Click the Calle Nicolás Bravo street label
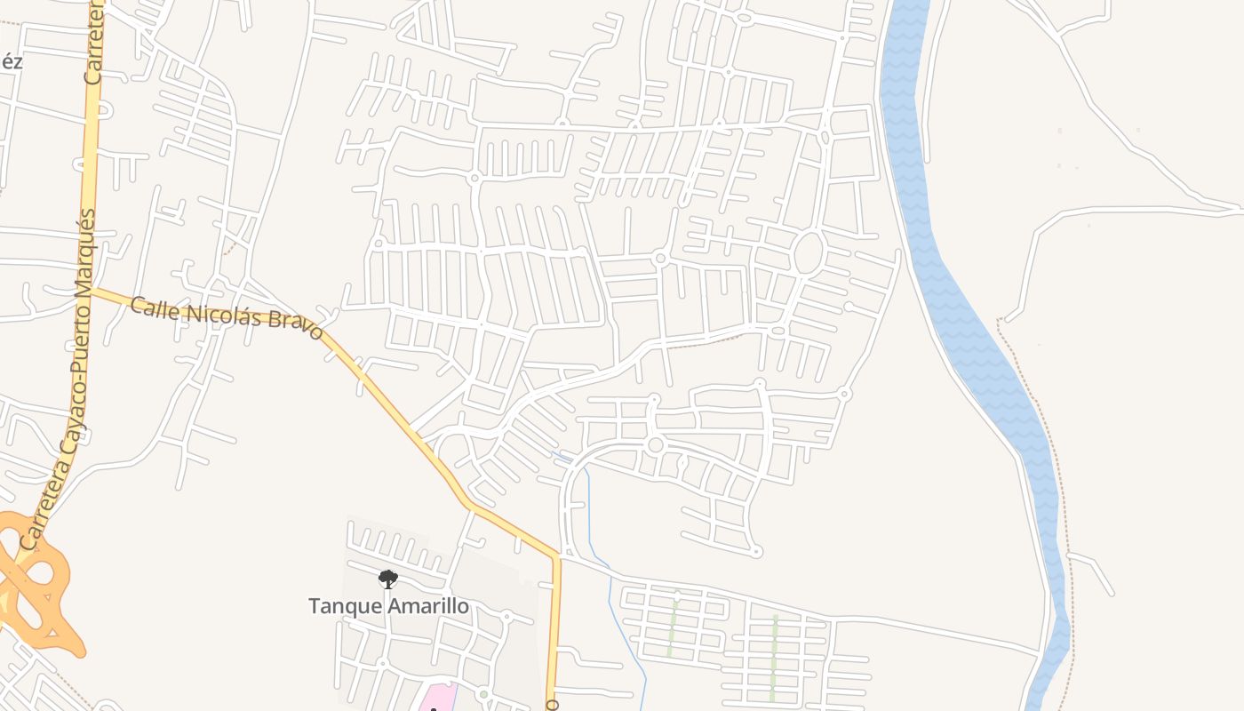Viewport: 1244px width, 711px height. click(x=226, y=317)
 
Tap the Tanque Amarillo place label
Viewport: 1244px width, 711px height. click(x=388, y=606)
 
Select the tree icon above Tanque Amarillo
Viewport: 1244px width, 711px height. click(x=387, y=579)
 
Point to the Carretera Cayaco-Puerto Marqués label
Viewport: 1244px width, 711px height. click(x=57, y=382)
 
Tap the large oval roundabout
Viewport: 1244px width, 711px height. click(x=807, y=252)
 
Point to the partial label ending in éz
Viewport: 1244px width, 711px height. click(x=11, y=62)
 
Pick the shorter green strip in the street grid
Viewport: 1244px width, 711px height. click(x=673, y=627)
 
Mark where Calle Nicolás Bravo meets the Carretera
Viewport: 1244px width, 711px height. click(x=91, y=289)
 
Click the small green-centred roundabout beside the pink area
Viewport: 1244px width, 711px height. click(x=482, y=694)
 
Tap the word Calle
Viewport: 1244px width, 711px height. click(x=150, y=308)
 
